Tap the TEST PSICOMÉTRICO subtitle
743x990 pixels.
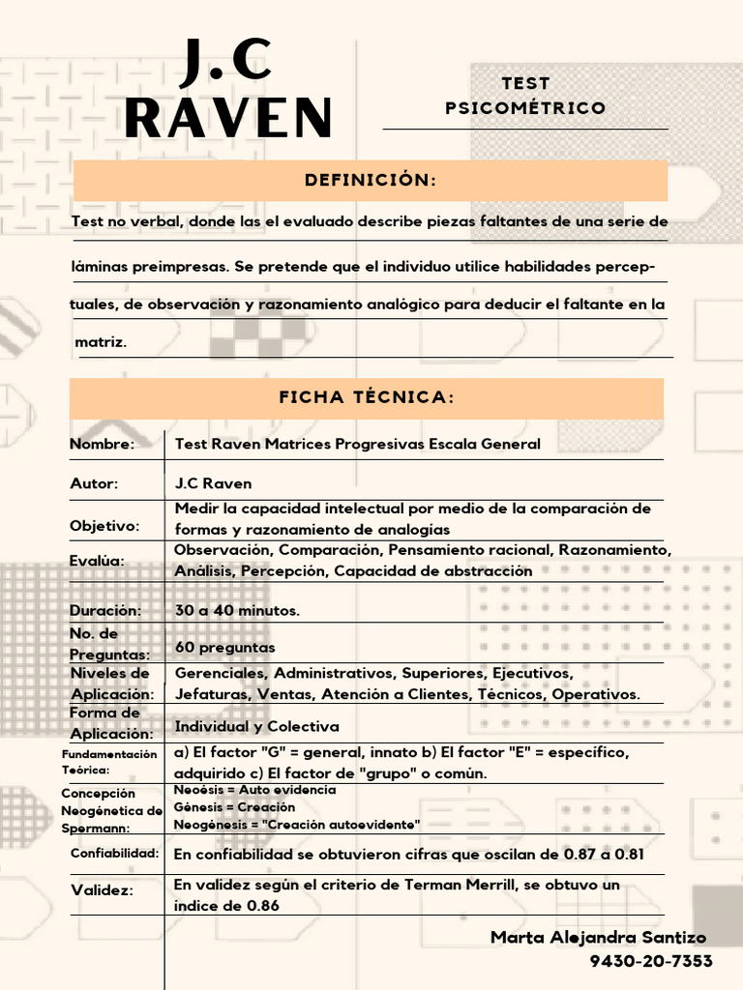pos(525,96)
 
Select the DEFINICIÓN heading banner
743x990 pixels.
pos(371,181)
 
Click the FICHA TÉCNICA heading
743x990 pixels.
pos(367,397)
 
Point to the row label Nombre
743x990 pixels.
pos(102,444)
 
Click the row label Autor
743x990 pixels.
pos(94,483)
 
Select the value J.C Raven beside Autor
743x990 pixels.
pos(213,483)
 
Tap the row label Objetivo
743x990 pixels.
pos(104,526)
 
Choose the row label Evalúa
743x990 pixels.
pos(98,562)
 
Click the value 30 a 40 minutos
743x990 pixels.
pos(237,611)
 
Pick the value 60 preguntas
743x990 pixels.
pos(224,647)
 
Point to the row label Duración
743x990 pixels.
pos(105,611)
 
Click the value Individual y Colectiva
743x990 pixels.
pos(256,726)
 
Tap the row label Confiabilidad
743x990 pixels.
pos(114,854)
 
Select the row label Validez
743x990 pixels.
pos(101,890)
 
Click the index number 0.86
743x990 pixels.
pos(255,906)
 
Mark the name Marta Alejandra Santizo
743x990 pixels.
pos(598,938)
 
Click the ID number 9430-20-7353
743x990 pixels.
pos(651,961)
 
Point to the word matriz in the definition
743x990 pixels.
pos(101,342)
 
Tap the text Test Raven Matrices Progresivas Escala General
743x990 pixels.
pos(357,444)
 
